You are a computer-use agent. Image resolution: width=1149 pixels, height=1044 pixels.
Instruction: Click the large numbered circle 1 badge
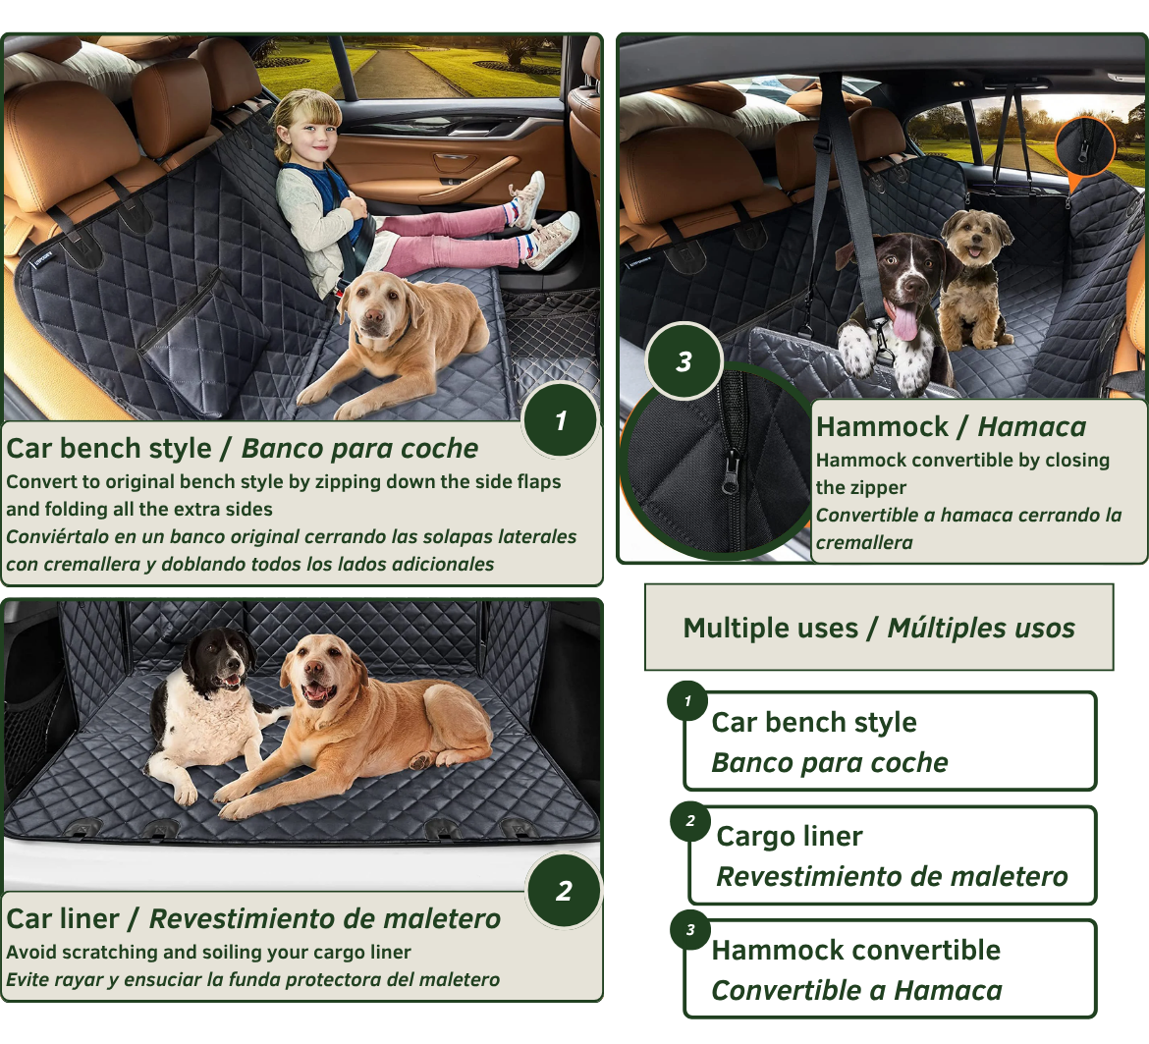(x=560, y=420)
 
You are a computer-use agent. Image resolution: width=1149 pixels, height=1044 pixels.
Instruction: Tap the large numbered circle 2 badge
(x=564, y=891)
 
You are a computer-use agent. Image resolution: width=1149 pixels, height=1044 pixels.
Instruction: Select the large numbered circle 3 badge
(x=684, y=361)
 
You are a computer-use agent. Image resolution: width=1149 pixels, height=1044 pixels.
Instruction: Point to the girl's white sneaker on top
(x=531, y=196)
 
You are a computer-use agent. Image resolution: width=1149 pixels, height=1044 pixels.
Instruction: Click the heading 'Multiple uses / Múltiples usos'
(x=879, y=628)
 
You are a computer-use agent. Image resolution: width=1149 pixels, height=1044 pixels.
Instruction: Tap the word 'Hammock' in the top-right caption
(x=882, y=427)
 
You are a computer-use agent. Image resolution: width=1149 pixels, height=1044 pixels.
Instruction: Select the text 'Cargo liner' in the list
(x=790, y=836)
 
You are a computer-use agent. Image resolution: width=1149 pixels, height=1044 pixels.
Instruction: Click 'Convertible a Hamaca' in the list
(x=856, y=990)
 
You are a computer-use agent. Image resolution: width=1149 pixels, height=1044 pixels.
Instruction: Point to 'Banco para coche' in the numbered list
(x=830, y=762)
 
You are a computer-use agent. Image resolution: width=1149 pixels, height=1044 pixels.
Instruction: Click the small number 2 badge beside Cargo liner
(x=690, y=821)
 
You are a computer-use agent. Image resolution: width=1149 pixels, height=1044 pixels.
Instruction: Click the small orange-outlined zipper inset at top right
(x=1085, y=147)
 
